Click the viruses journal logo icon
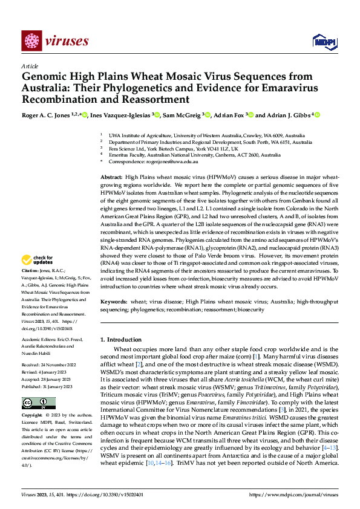[31, 41]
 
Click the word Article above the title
[30, 65]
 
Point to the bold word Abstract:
[111, 175]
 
